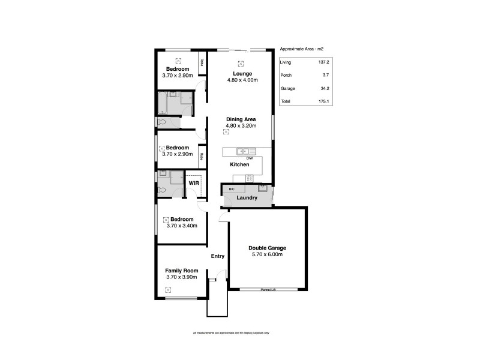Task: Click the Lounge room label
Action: [242, 74]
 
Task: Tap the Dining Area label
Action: [241, 119]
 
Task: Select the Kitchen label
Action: [240, 164]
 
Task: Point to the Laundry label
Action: [247, 197]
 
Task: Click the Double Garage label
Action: [267, 248]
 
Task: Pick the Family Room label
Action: [182, 271]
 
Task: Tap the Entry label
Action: [218, 257]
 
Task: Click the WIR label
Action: [194, 182]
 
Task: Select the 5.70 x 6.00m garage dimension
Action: [267, 254]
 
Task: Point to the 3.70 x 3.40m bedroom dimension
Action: [182, 226]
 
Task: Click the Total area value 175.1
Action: [324, 102]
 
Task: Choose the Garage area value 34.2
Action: [324, 88]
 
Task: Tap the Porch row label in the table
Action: [286, 75]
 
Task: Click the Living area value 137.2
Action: [324, 61]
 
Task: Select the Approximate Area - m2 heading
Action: [302, 49]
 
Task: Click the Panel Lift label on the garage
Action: [268, 290]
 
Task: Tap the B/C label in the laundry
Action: [232, 188]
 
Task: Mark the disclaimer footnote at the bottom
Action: [231, 332]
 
